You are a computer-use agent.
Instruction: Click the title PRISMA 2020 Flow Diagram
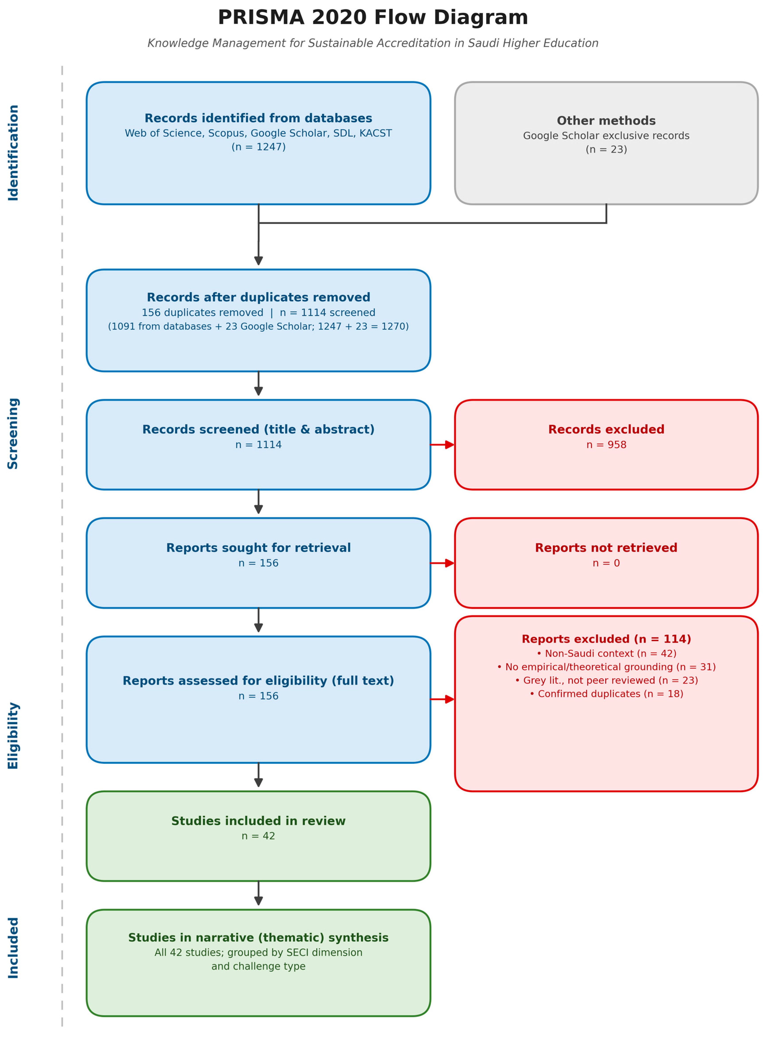pos(373,18)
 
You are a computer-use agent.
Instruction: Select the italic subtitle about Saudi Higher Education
pos(373,43)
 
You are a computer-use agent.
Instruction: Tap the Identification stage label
pos(13,153)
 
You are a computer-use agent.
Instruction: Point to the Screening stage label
pos(13,433)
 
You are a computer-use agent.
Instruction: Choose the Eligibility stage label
pos(13,736)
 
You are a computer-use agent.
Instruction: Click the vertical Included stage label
pos(13,948)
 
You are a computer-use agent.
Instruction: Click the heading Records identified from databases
pos(259,119)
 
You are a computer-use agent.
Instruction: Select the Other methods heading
pos(606,121)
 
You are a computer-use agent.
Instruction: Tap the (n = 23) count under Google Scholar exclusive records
pos(606,150)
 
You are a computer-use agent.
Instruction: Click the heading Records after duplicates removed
pos(259,297)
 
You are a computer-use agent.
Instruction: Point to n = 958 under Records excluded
pos(606,445)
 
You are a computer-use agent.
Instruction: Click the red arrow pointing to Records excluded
pos(442,445)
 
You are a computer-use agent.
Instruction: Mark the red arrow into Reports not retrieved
pos(442,563)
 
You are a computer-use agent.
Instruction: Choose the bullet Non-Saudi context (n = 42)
pos(606,653)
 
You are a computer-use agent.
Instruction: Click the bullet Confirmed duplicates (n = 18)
pos(606,694)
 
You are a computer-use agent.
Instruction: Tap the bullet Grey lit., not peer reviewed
pos(606,680)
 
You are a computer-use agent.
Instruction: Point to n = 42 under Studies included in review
pos(259,836)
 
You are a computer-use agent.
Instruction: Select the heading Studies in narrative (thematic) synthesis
pos(259,938)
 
